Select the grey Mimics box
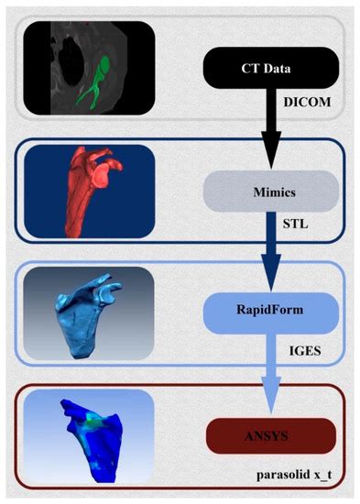coord(273,193)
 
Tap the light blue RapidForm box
coord(273,312)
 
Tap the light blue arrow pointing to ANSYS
coord(273,371)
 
